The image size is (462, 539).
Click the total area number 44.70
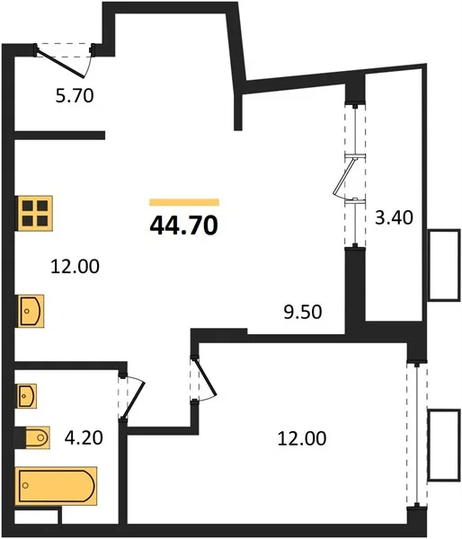point(184,225)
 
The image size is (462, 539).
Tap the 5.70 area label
point(75,95)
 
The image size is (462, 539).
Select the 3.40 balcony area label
point(394,217)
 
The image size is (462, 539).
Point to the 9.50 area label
point(303,312)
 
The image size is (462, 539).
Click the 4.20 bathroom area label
point(84,438)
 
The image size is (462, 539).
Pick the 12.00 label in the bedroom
point(302,438)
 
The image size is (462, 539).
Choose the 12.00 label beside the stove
point(75,267)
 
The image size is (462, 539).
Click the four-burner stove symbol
point(35,213)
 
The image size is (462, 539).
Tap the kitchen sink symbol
point(31,311)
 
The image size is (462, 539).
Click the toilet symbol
point(37,437)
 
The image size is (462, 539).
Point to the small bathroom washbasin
point(27,396)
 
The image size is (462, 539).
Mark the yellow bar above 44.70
point(184,202)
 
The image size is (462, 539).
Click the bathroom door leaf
point(133,400)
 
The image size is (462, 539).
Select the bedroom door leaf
point(206,377)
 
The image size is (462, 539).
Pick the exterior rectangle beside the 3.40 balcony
point(444,265)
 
